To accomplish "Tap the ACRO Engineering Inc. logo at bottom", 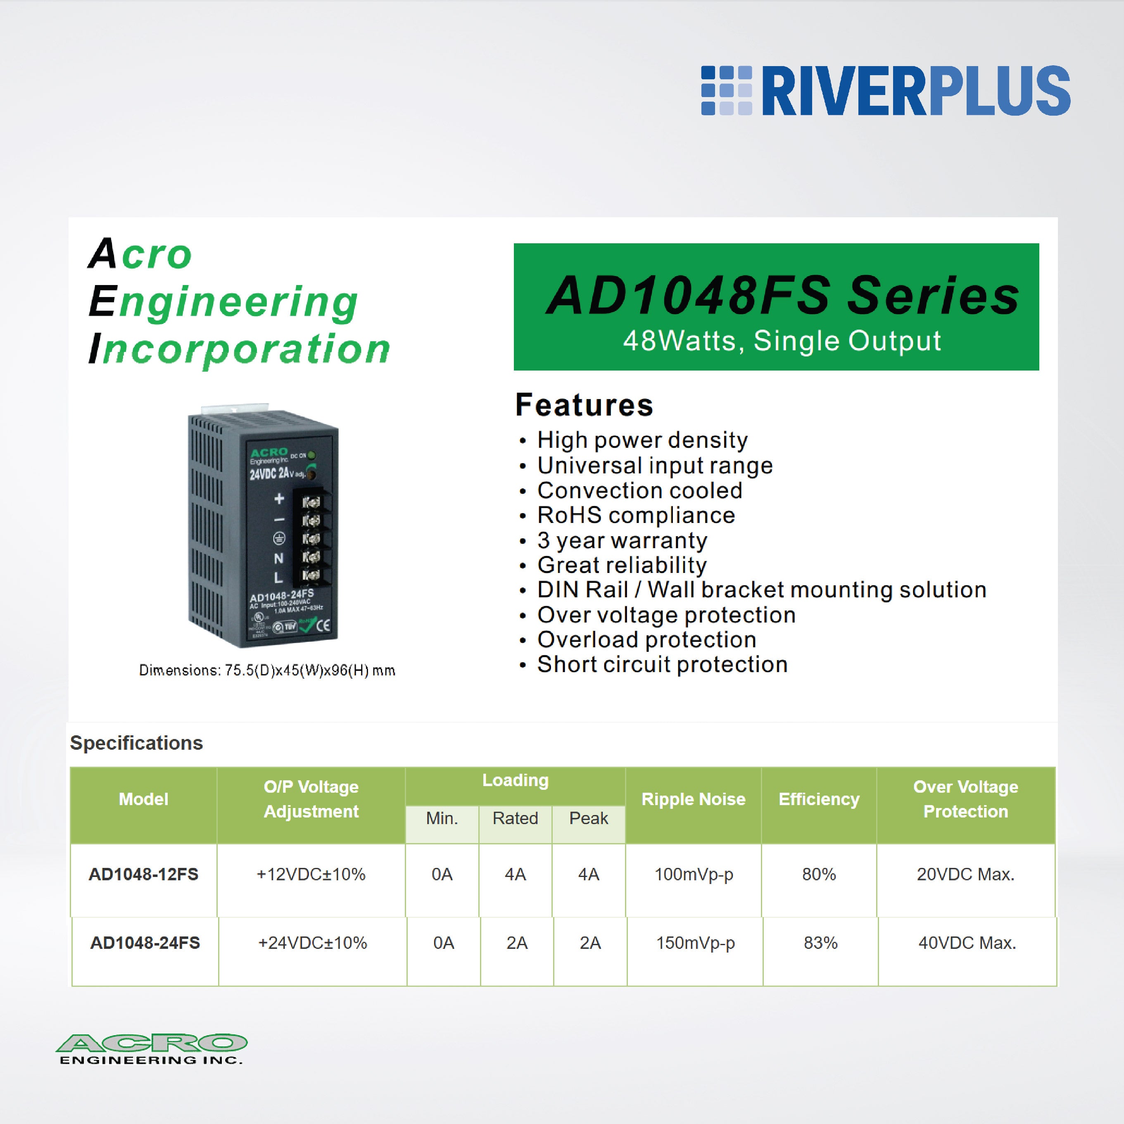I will point(151,1049).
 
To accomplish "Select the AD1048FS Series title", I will point(782,295).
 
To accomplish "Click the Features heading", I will point(584,405).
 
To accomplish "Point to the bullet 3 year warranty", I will point(622,540).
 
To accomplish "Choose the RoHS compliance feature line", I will point(636,516).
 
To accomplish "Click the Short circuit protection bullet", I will point(662,664).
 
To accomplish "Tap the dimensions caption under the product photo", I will point(267,670).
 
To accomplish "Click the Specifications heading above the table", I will point(136,743).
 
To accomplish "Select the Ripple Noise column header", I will point(693,799).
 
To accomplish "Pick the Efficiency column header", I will point(819,799).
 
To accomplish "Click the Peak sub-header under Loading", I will point(588,818).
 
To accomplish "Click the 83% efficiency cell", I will point(820,943).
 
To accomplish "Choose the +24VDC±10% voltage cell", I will point(312,943).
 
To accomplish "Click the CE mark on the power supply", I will point(323,625).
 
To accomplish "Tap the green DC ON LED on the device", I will point(312,455).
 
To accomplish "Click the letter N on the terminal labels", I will point(279,558).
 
